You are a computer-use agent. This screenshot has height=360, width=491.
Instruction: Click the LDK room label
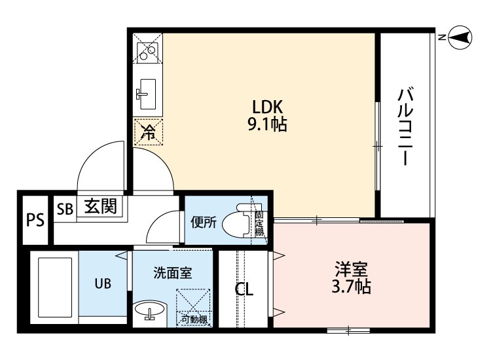click(267, 107)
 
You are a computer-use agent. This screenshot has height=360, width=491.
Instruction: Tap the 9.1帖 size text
click(267, 124)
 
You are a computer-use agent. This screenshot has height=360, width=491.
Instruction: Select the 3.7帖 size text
click(352, 286)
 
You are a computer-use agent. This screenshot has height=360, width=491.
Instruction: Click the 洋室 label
click(352, 269)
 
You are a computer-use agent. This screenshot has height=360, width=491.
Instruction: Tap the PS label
click(35, 220)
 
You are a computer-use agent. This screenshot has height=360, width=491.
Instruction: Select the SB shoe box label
click(64, 209)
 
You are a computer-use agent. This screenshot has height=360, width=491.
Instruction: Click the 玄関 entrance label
click(100, 207)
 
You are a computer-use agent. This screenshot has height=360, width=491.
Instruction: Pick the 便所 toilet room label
click(203, 223)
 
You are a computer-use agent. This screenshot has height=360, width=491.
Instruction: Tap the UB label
click(102, 283)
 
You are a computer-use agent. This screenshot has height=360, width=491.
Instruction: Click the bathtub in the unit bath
click(54, 287)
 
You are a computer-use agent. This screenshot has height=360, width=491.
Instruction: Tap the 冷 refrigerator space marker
click(149, 132)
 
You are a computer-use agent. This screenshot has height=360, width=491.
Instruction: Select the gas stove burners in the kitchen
click(147, 49)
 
